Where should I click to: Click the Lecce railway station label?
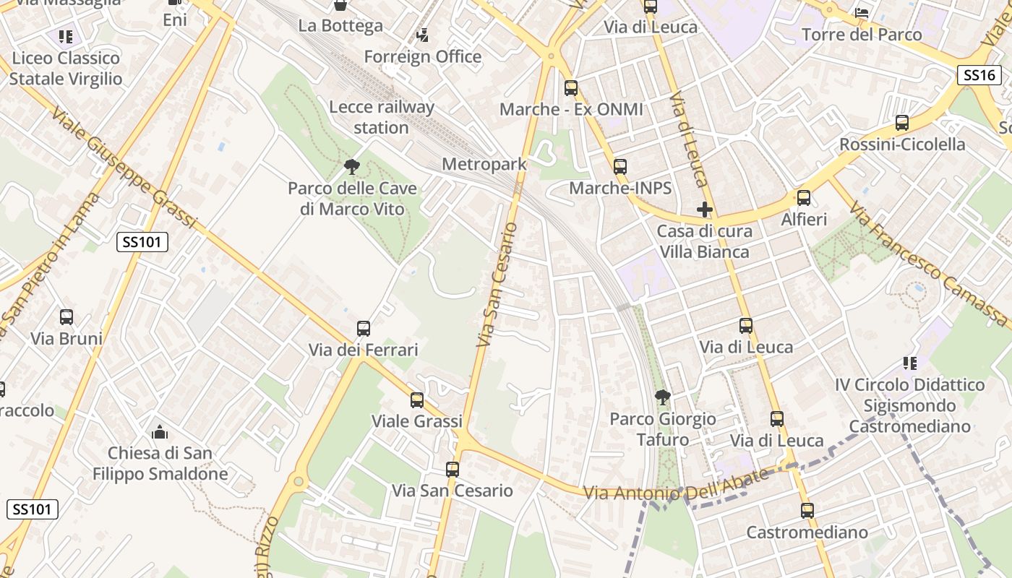point(382,118)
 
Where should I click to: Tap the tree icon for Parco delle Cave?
point(352,167)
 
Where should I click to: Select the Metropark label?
point(484,164)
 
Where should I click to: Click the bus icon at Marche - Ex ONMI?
point(571,88)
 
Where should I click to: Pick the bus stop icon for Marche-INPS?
point(620,167)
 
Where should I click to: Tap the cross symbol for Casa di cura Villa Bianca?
point(705,210)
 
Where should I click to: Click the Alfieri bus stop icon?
point(803,198)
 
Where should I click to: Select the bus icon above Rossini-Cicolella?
point(902,123)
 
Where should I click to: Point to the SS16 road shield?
point(979,74)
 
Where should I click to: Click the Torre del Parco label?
point(862,34)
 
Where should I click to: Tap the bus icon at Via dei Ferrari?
point(364,329)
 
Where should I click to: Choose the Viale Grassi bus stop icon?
point(417,400)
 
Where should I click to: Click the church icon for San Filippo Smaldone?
point(160,433)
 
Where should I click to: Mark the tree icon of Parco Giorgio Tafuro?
point(662,397)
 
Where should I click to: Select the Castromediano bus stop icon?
point(807,511)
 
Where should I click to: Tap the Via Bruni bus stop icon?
point(67,317)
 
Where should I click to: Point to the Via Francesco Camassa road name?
point(929,264)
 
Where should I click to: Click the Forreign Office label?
point(423,56)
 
